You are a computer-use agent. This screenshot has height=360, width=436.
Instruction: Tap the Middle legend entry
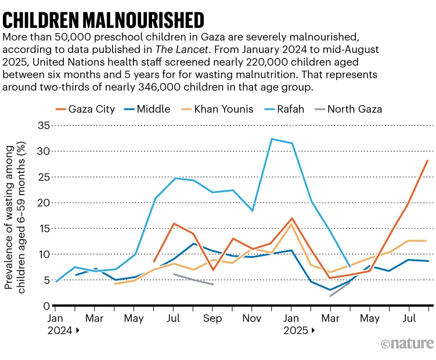point(148,109)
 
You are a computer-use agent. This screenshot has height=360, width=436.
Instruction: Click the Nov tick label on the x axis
point(252,318)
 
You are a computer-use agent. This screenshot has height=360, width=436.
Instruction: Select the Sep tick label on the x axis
point(213,318)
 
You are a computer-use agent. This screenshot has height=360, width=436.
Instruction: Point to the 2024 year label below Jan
point(61,331)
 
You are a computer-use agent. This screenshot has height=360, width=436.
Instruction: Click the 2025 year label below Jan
point(296,331)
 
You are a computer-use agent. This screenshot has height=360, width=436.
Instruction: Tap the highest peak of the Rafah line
point(272,139)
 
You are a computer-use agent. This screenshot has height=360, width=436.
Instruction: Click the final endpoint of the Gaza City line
point(428,161)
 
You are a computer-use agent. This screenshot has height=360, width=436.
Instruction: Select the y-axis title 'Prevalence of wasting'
point(16,215)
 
